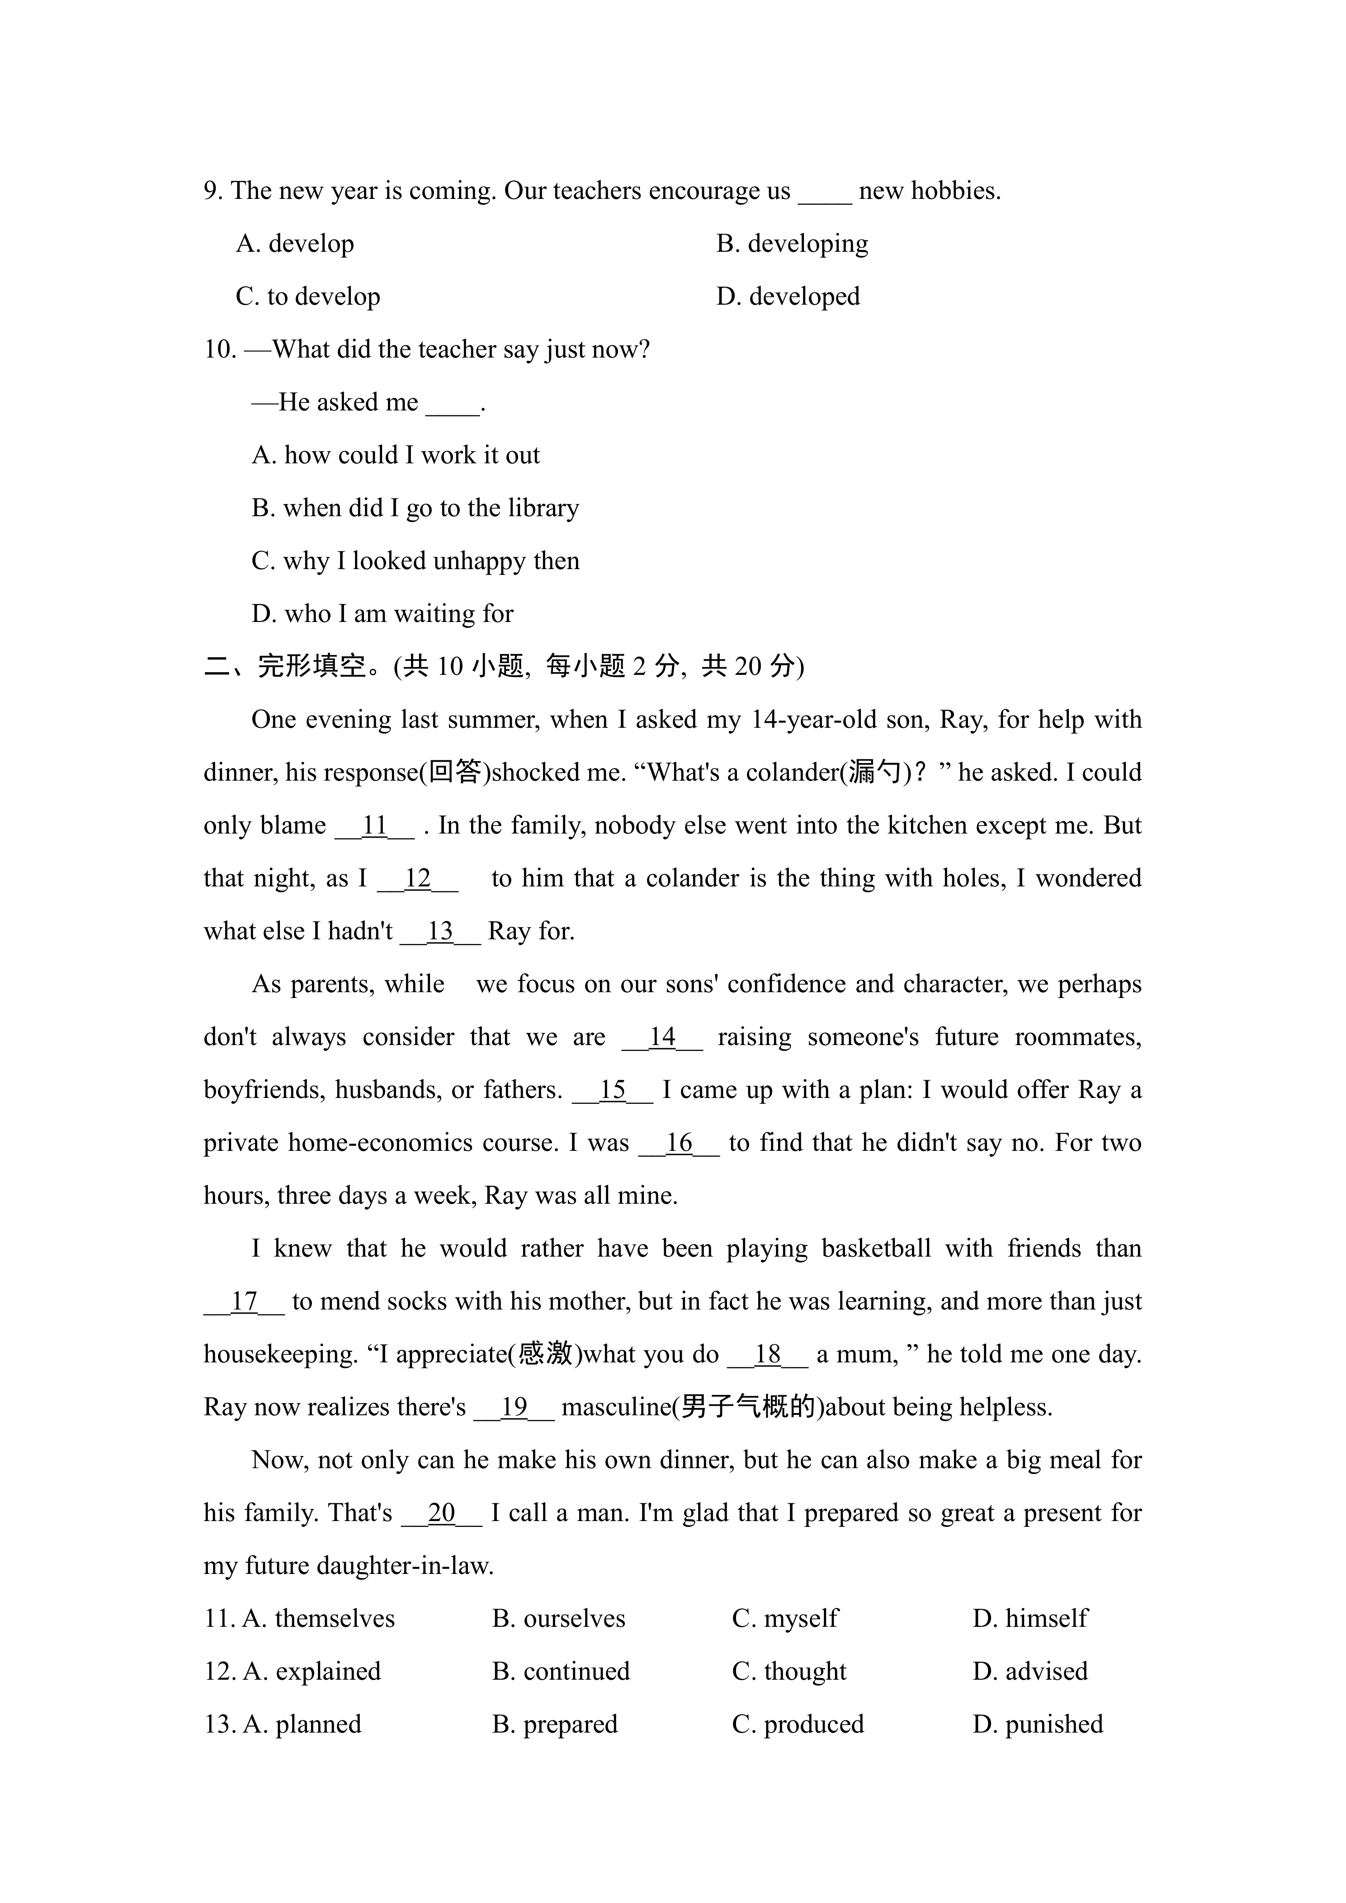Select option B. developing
coord(792,244)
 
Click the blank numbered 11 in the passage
coord(375,825)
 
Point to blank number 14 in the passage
coord(662,1037)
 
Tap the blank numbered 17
coord(244,1301)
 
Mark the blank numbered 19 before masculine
coord(514,1407)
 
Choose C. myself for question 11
coord(785,1619)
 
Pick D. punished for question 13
coord(1038,1725)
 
